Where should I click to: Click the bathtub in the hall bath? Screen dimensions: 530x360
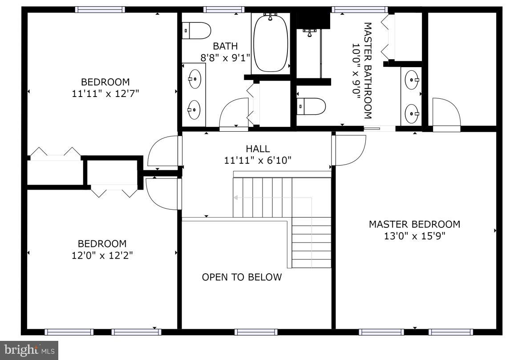pyautogui.click(x=271, y=42)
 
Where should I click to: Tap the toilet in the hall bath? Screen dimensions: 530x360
pyautogui.click(x=196, y=31)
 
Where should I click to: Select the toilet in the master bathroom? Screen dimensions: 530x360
pyautogui.click(x=311, y=106)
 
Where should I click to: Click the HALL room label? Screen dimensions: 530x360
pyautogui.click(x=258, y=149)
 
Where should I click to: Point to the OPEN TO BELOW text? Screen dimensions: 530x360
pyautogui.click(x=242, y=277)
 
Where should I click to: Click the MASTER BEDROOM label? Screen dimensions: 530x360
pyautogui.click(x=414, y=224)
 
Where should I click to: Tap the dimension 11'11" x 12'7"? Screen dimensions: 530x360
pyautogui.click(x=105, y=93)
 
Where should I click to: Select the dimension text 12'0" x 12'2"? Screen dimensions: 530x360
pyautogui.click(x=102, y=255)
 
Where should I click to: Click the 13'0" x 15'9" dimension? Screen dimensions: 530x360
pyautogui.click(x=414, y=235)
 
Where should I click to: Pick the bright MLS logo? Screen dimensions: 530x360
pyautogui.click(x=29, y=350)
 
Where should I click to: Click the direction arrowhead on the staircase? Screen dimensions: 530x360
pyautogui.click(x=235, y=198)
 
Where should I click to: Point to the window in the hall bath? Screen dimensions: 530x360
pyautogui.click(x=223, y=9)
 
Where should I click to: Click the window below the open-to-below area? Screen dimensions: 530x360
pyautogui.click(x=256, y=332)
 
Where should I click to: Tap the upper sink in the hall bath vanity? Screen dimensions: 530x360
pyautogui.click(x=195, y=79)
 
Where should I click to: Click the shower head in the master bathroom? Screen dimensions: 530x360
pyautogui.click(x=309, y=32)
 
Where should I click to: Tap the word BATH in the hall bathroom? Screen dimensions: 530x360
pyautogui.click(x=225, y=46)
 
